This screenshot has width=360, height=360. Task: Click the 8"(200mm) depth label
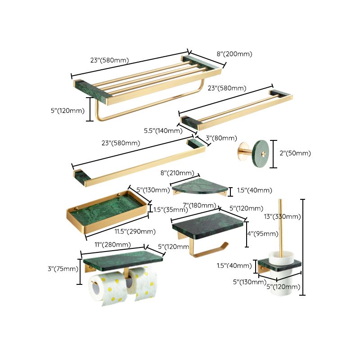[234, 54]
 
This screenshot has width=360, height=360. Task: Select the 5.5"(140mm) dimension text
[163, 131]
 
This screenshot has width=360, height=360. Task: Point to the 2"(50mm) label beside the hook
[295, 153]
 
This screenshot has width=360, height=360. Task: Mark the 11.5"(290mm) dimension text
[135, 231]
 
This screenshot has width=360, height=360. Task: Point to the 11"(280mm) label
[112, 245]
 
